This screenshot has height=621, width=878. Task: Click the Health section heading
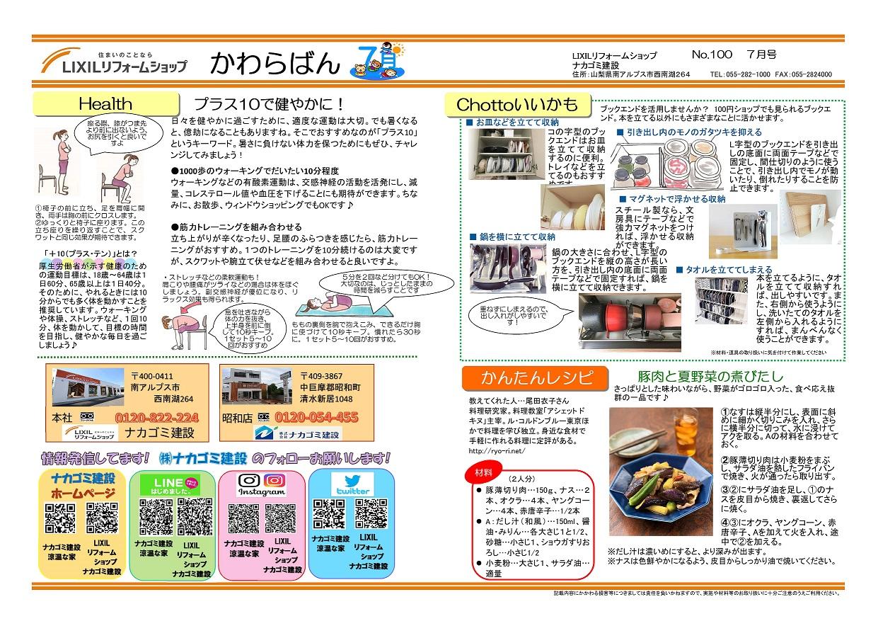coord(105,103)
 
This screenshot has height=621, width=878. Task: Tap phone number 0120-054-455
coord(316,417)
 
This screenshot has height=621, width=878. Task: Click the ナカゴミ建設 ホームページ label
coord(83,486)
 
